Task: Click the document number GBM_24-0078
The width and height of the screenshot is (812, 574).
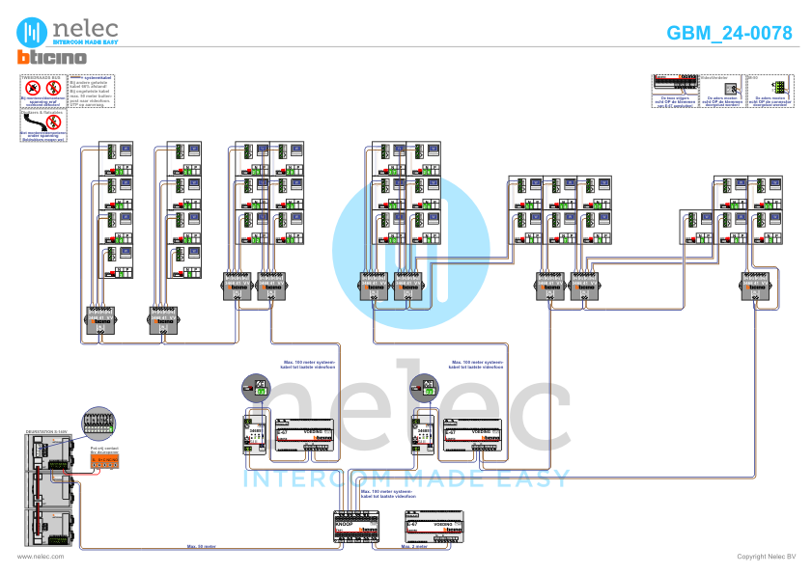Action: pos(729,33)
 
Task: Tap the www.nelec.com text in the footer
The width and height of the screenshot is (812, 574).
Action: pos(41,557)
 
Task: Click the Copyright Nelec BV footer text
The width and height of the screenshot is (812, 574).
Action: pos(766,557)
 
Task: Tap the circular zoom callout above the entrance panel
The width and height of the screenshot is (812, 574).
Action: pos(97,423)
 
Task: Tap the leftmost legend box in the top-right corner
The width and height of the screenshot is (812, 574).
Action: pos(674,89)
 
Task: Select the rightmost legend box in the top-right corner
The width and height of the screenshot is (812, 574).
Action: pos(769,89)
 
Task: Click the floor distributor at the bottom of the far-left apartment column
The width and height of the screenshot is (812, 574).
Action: pos(100,319)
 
